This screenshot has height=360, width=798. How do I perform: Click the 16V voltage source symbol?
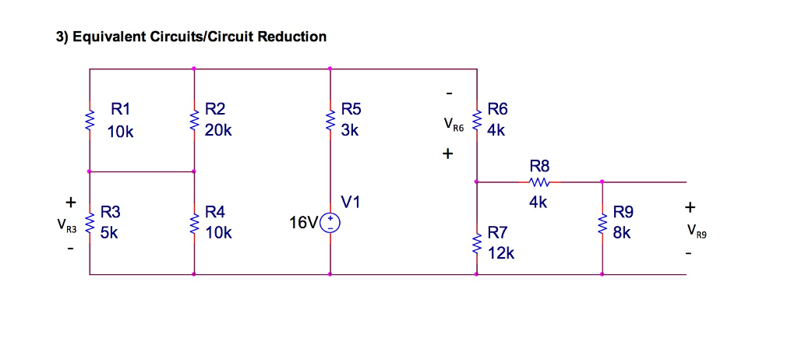point(330,224)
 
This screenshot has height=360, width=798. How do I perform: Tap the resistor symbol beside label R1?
point(90,122)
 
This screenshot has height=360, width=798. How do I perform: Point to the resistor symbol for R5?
point(330,122)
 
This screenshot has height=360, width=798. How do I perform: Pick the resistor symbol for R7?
point(476,243)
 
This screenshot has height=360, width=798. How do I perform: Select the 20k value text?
point(217,131)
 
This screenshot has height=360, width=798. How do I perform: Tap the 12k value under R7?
point(500,252)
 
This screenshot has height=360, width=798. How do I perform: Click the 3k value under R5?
point(349,131)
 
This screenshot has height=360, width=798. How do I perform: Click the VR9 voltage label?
point(697,231)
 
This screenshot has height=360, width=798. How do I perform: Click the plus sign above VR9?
point(689,208)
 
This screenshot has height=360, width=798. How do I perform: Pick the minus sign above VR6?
point(448,94)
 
